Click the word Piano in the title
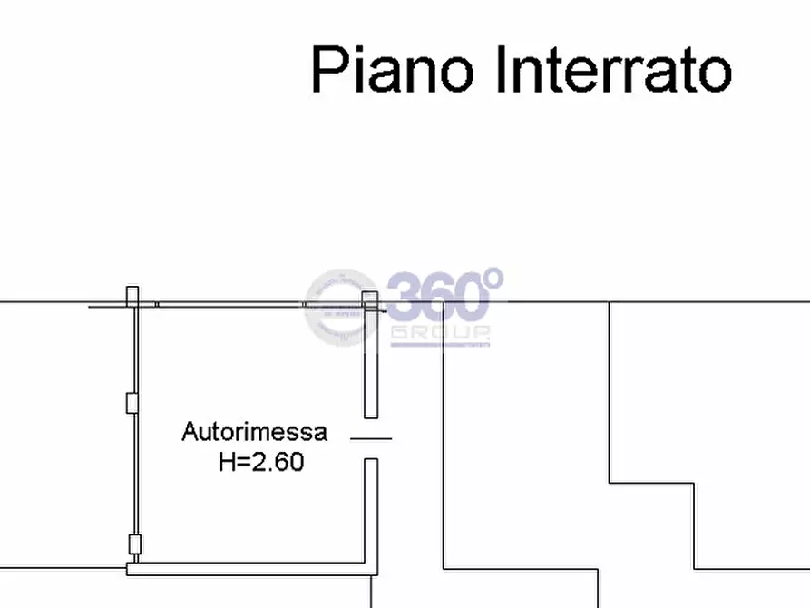(392, 69)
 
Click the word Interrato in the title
(614, 69)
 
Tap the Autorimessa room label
(254, 432)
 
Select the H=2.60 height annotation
(261, 462)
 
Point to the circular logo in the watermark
(341, 308)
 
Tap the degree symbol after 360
(494, 279)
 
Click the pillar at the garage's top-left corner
(132, 297)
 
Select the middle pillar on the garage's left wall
(132, 403)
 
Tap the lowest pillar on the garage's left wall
(134, 544)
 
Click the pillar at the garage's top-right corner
(370, 301)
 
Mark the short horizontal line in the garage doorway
(371, 438)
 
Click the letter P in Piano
(329, 69)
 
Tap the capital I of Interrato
(500, 69)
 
